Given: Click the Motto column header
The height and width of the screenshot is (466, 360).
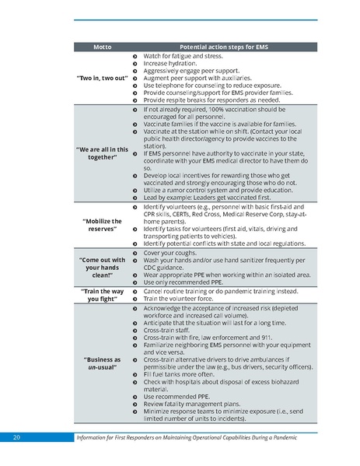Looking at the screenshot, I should click(x=102, y=47).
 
